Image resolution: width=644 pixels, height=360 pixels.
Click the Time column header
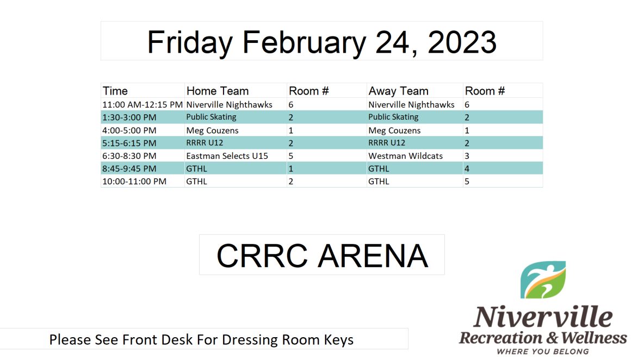(x=115, y=91)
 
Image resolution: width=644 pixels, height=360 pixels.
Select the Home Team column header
(x=217, y=91)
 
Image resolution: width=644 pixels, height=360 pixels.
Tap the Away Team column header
(x=398, y=91)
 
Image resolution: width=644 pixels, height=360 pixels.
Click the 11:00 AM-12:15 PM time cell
(x=143, y=104)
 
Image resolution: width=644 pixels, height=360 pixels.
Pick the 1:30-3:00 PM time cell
(x=129, y=117)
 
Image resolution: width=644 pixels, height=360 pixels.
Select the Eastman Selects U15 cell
(x=227, y=156)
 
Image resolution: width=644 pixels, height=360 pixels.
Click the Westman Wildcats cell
(x=405, y=156)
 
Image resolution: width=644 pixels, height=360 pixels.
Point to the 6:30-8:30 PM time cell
(x=129, y=156)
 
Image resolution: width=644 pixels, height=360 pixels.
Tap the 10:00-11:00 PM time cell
(x=134, y=182)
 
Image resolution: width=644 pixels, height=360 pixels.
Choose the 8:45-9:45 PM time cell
(x=129, y=169)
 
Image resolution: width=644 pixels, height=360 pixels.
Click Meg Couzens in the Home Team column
(x=212, y=131)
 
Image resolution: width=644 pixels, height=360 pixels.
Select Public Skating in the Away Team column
(x=393, y=117)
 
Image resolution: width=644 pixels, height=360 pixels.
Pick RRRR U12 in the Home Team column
(x=205, y=143)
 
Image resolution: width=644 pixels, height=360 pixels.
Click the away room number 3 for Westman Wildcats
(x=467, y=156)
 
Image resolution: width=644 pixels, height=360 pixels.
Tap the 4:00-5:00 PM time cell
(x=129, y=131)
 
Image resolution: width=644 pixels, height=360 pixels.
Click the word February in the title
(x=304, y=42)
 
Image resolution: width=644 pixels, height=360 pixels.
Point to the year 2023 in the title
(x=462, y=42)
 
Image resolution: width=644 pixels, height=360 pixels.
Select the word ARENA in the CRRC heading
(x=373, y=256)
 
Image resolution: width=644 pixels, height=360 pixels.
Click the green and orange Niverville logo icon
(x=543, y=280)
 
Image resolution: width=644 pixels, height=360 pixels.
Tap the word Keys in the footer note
(x=339, y=340)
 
